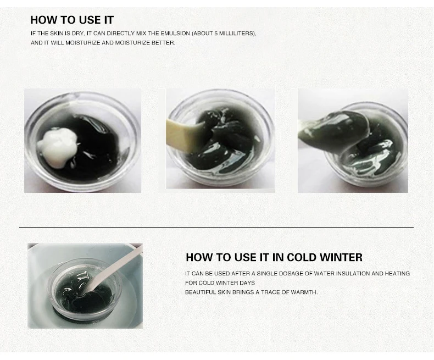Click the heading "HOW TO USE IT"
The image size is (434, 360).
coord(72,20)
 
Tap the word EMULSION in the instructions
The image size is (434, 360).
coord(175,34)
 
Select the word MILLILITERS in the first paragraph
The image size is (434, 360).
coord(237,34)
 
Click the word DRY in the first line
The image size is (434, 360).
coord(78,34)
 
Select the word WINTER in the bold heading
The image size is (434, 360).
coord(341,257)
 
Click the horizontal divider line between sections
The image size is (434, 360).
coord(216,227)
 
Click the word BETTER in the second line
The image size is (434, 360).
coord(163,43)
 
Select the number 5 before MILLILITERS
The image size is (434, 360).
coord(216,34)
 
